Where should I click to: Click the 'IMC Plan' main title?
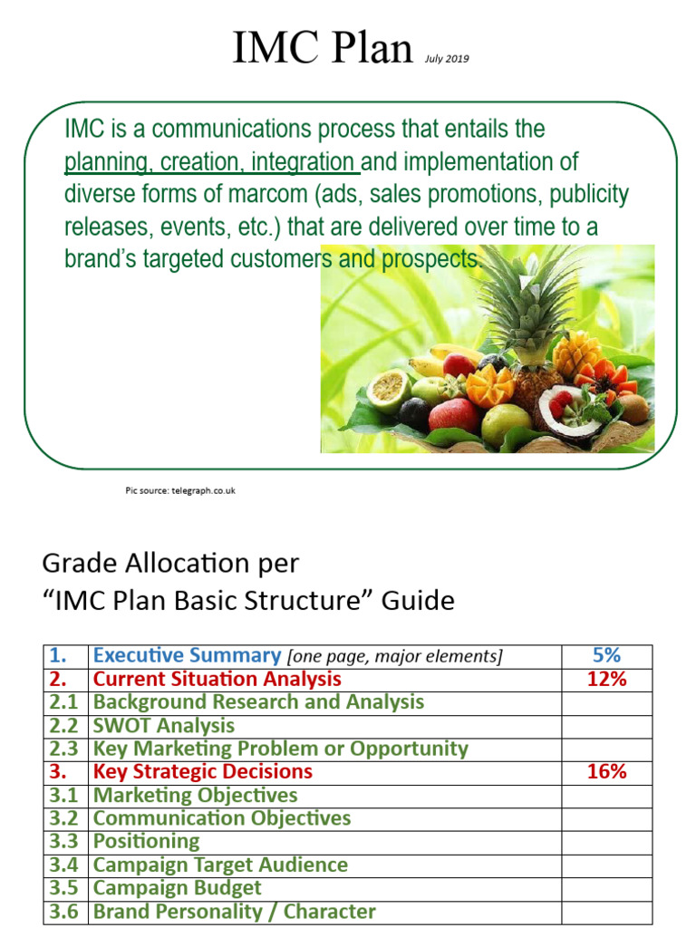[x=323, y=49]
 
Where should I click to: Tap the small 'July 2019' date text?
[x=448, y=60]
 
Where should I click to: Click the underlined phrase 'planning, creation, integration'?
[x=212, y=163]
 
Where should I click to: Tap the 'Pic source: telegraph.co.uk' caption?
[x=180, y=490]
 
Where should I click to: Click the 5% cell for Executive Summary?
[x=606, y=655]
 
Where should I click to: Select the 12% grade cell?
[x=606, y=679]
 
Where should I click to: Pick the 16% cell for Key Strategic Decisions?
[x=606, y=772]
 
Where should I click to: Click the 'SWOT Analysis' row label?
[x=164, y=726]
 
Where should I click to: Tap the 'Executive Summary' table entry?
[x=187, y=655]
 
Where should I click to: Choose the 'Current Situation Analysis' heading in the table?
[x=217, y=679]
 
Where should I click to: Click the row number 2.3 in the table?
[x=65, y=749]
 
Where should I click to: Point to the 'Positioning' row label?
[x=147, y=842]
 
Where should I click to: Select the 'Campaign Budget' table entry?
[x=178, y=888]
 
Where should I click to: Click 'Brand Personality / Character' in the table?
[x=235, y=912]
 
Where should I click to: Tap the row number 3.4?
[x=65, y=865]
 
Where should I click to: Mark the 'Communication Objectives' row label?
[x=222, y=818]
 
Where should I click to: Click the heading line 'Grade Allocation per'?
[x=170, y=564]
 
